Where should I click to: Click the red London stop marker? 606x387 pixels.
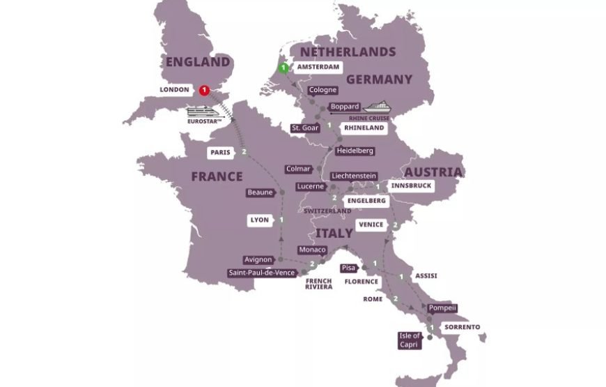(x=204, y=90)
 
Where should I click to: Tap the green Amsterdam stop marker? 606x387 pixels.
(x=283, y=68)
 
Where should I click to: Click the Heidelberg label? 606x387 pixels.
(x=355, y=151)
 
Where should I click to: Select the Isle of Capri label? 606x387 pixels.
(x=409, y=340)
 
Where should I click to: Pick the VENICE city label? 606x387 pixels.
(x=370, y=225)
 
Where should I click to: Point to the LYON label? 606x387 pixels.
(x=258, y=220)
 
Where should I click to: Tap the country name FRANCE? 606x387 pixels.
(x=217, y=176)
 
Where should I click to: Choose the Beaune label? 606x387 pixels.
(x=260, y=192)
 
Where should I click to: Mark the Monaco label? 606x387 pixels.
(x=311, y=250)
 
